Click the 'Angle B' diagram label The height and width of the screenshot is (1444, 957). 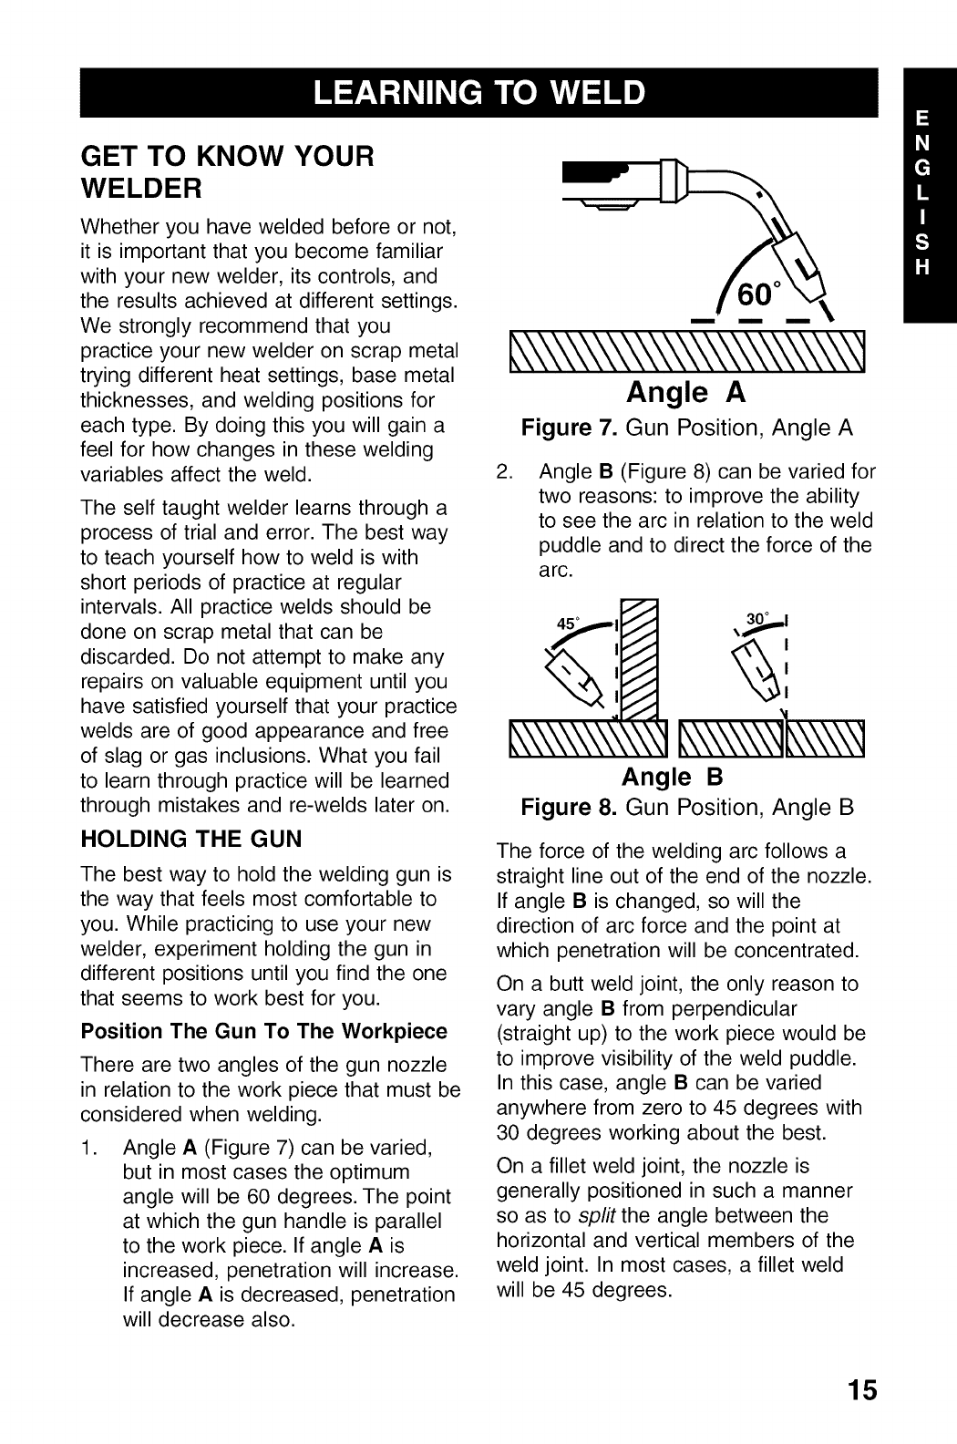pyautogui.click(x=672, y=777)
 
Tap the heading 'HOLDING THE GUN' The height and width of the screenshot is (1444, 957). pyautogui.click(x=191, y=839)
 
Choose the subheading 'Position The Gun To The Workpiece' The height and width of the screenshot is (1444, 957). pyautogui.click(x=264, y=1031)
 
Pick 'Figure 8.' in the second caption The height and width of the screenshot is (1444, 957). pyautogui.click(x=570, y=808)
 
